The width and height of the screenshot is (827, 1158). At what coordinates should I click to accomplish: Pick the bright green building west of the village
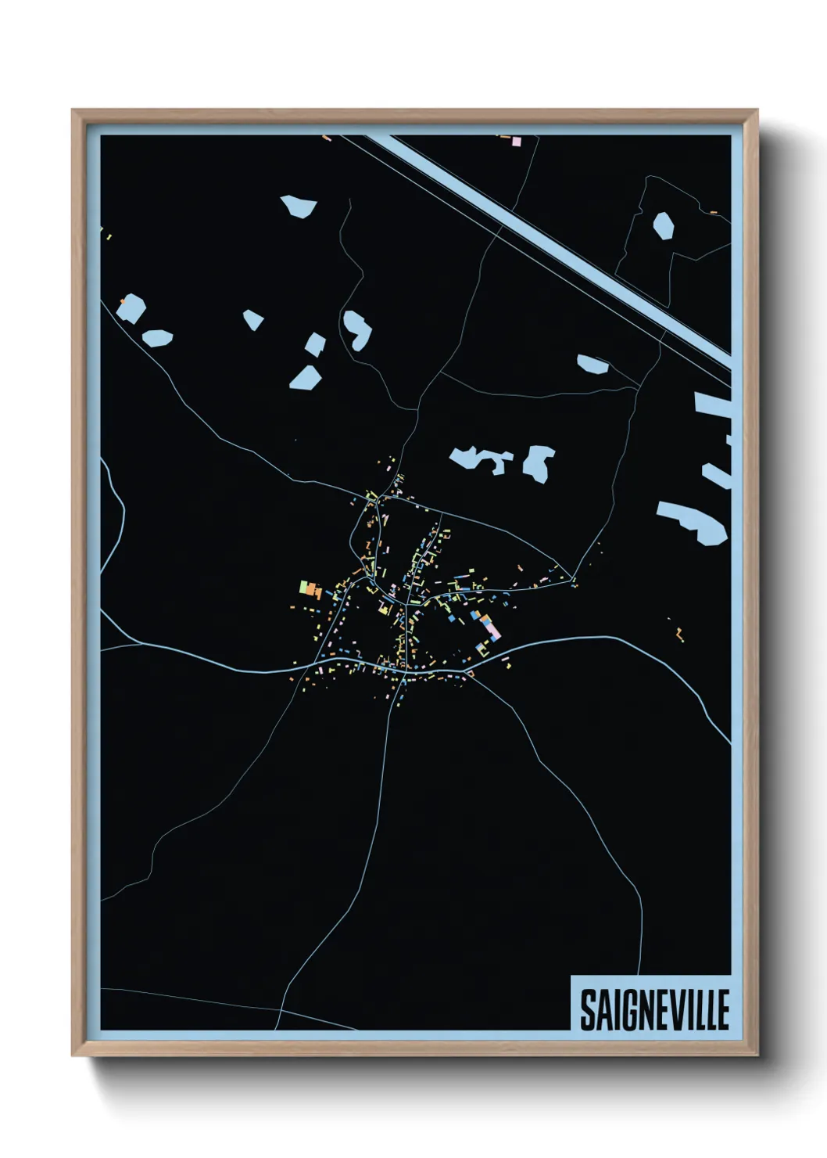pyautogui.click(x=303, y=585)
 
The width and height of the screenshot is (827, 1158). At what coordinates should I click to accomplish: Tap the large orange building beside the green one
pyautogui.click(x=313, y=591)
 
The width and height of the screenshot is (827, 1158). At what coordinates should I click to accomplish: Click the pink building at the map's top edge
pyautogui.click(x=516, y=141)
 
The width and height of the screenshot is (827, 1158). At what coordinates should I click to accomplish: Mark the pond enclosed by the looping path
pyautogui.click(x=663, y=225)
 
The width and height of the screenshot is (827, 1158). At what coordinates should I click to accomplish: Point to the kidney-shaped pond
pyautogui.click(x=357, y=329)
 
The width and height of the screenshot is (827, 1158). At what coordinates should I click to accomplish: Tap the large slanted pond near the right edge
pyautogui.click(x=693, y=522)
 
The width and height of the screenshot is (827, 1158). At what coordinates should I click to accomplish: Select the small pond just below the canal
pyautogui.click(x=593, y=364)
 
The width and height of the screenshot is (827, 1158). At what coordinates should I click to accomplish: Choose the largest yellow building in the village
pyautogui.click(x=384, y=607)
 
